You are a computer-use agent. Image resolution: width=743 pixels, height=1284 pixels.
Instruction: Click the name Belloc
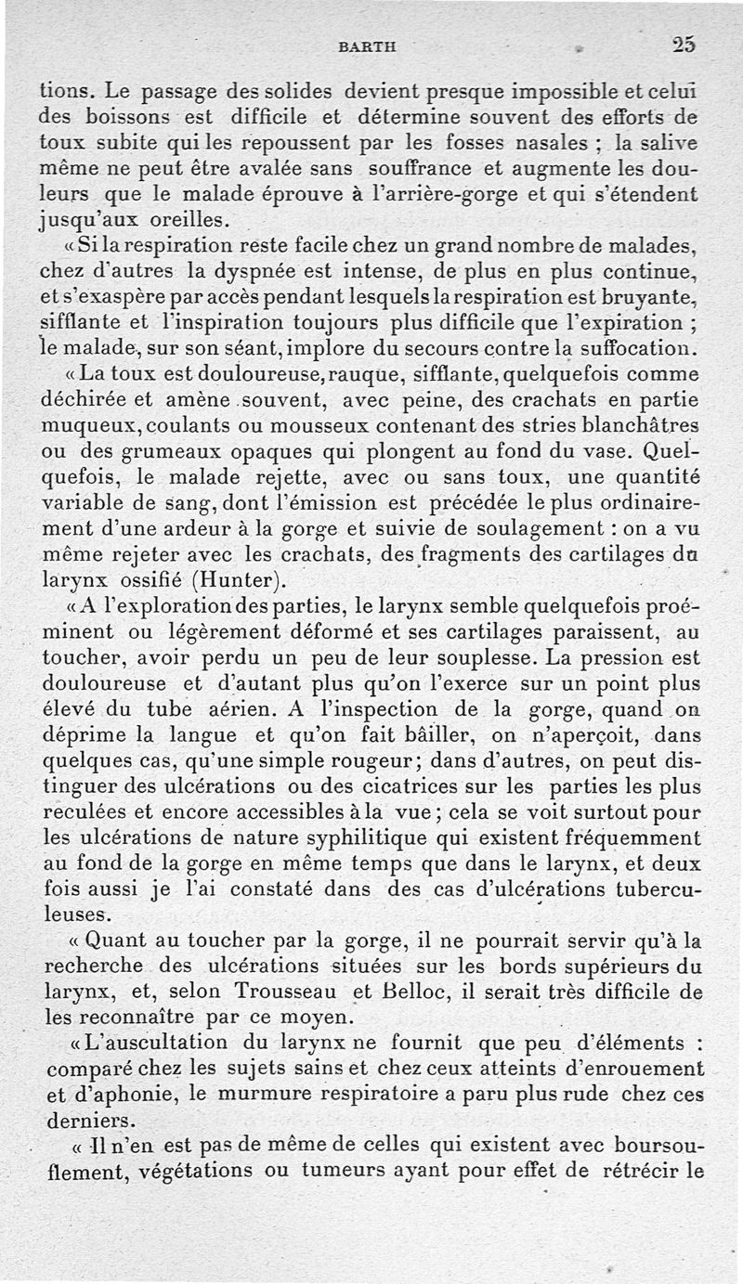[410, 991]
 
